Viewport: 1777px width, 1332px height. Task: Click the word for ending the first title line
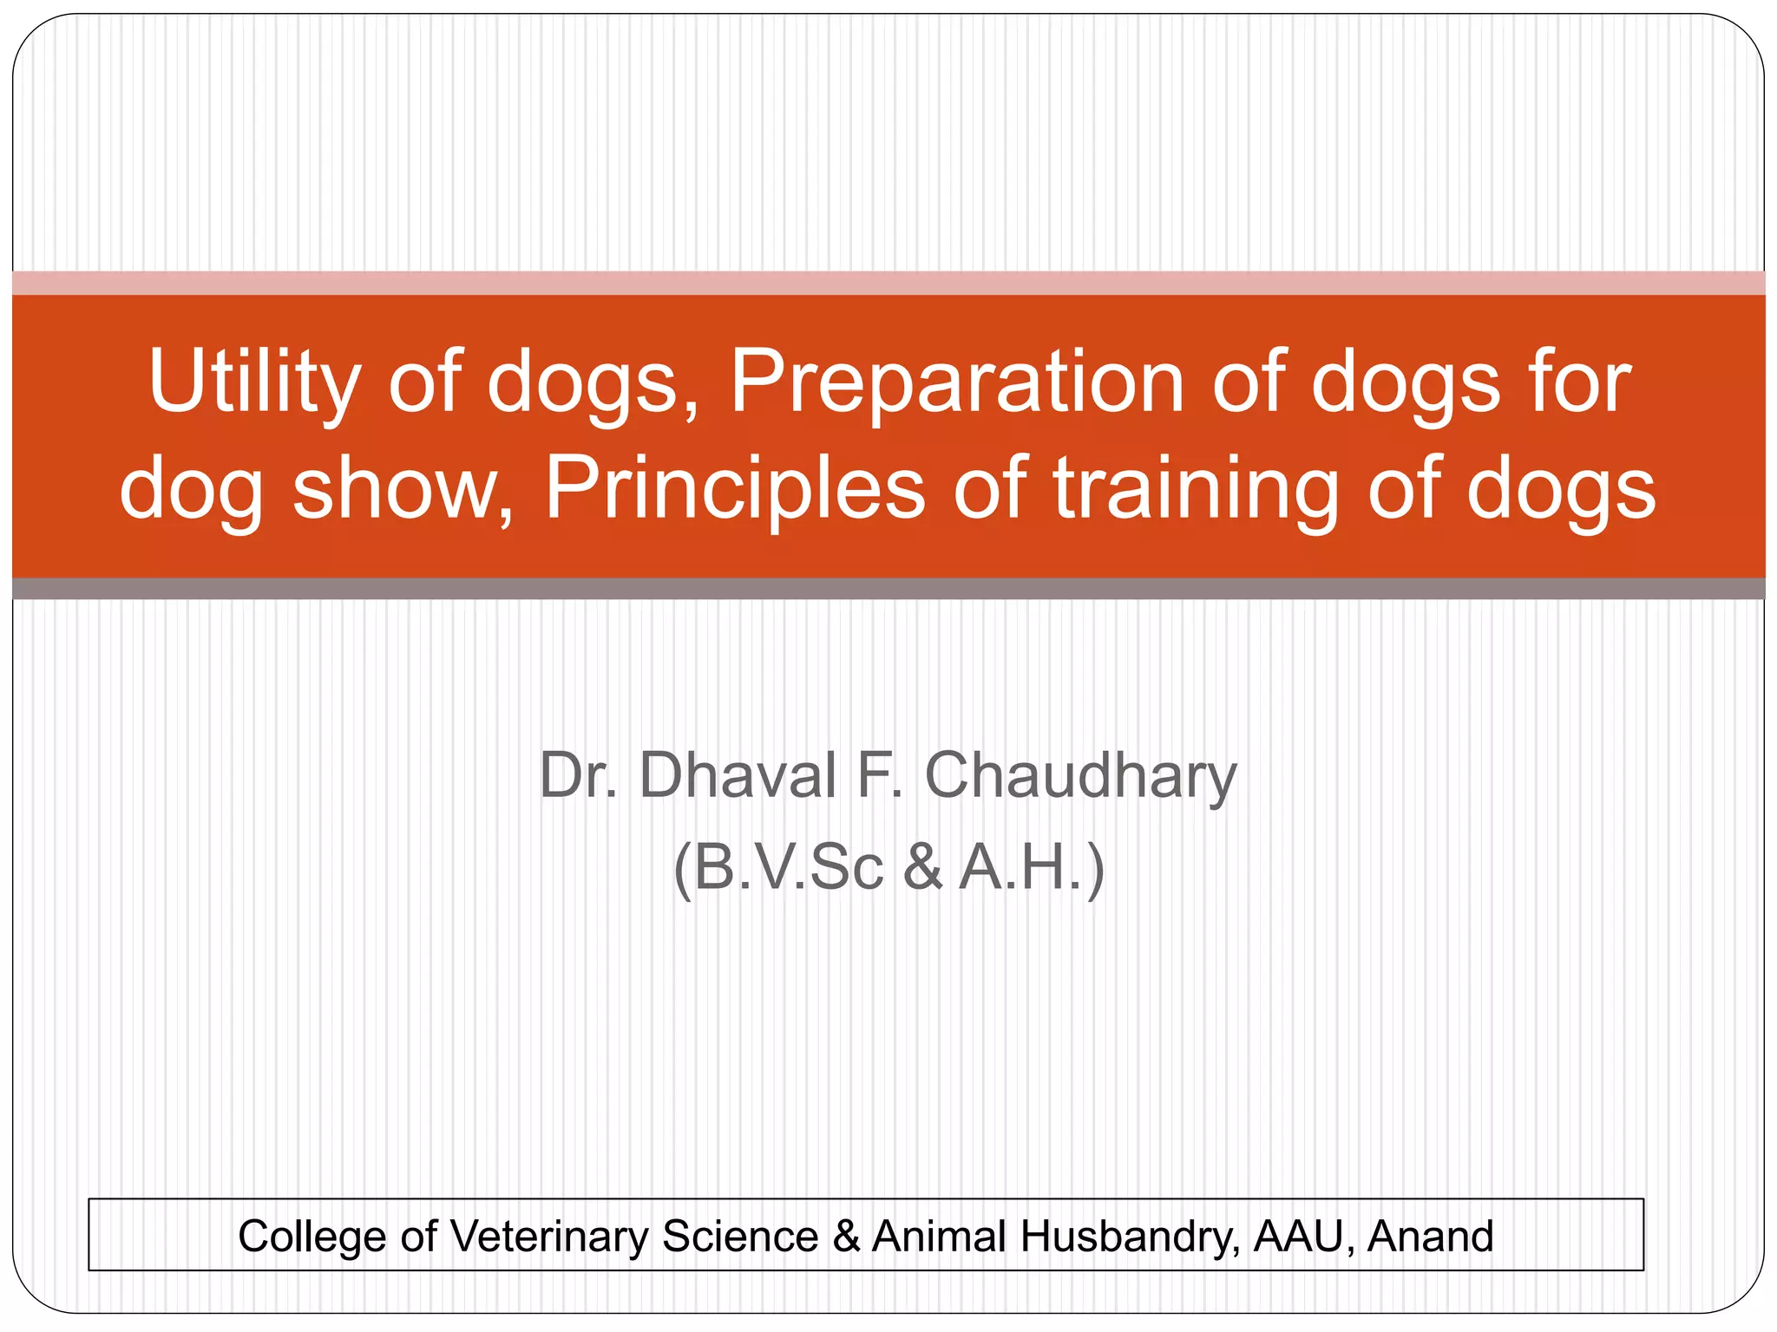[x=1580, y=382]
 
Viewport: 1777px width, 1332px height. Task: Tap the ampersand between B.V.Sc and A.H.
[x=922, y=866]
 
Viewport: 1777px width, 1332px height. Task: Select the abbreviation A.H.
[x=1024, y=866]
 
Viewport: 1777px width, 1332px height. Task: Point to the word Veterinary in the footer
[x=549, y=1236]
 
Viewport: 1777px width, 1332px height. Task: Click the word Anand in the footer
[x=1430, y=1236]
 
